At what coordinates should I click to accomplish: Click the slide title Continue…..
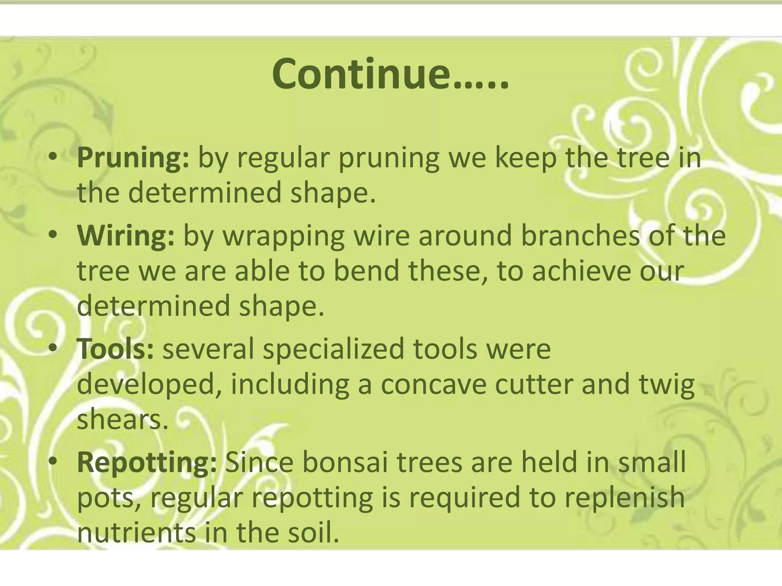[x=390, y=74]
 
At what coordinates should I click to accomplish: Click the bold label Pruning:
[x=133, y=159]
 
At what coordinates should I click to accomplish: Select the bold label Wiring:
[x=126, y=236]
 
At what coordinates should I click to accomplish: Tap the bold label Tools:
[x=115, y=349]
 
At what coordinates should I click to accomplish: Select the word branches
[x=580, y=236]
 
